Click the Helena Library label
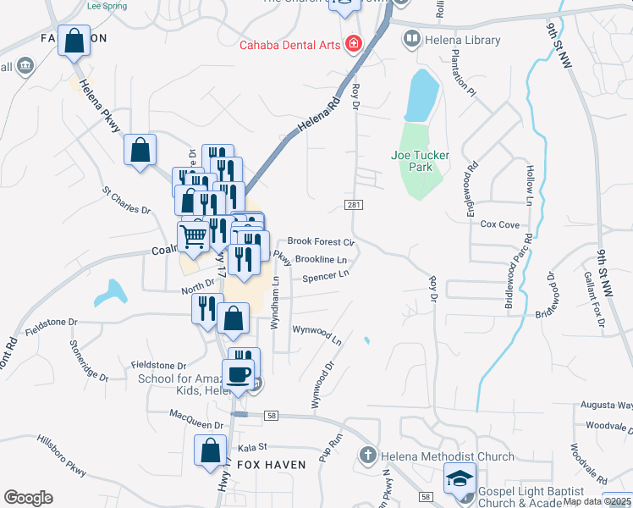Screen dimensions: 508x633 [x=464, y=40]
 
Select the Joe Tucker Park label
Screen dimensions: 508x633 [x=412, y=161]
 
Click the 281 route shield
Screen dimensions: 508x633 [x=354, y=205]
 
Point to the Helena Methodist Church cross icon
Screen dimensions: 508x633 [x=368, y=456]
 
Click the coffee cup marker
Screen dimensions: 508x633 [x=238, y=374]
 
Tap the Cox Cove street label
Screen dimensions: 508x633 [x=499, y=224]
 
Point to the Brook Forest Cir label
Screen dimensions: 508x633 [x=320, y=242]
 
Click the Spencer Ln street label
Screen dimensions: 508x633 [x=326, y=276]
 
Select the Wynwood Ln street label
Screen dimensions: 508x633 [x=316, y=334]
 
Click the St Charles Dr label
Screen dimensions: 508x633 [x=125, y=201]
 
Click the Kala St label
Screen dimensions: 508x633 [x=252, y=446]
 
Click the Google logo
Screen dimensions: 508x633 [x=28, y=498]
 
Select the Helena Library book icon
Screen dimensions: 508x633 [x=411, y=39]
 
